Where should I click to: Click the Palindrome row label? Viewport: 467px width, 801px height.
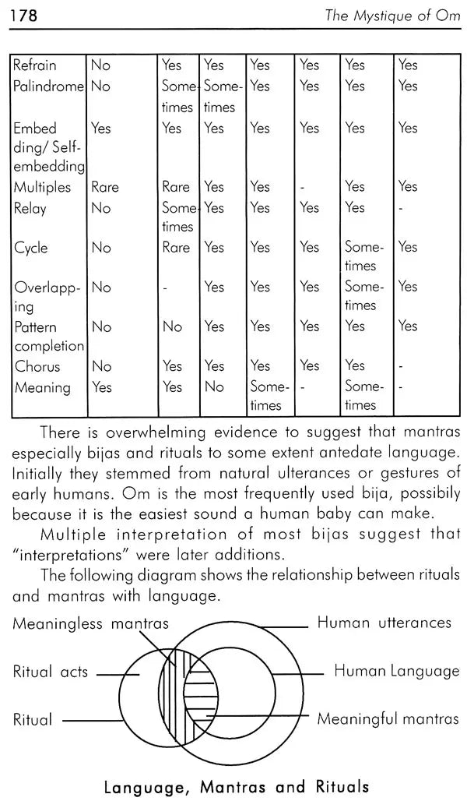click(x=48, y=86)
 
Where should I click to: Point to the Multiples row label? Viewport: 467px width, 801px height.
click(x=42, y=187)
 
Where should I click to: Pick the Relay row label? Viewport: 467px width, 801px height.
click(x=30, y=208)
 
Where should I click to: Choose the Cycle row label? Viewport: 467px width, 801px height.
click(x=31, y=248)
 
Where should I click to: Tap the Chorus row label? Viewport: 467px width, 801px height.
click(x=37, y=366)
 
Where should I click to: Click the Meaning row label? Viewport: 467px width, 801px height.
click(x=42, y=387)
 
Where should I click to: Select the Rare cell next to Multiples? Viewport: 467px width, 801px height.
click(x=105, y=187)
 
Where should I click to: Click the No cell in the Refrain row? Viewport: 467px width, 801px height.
click(x=101, y=65)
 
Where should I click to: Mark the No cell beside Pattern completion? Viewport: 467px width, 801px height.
click(x=101, y=326)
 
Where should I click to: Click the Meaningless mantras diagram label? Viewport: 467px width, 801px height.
click(x=90, y=623)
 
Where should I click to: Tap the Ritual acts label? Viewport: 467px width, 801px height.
click(x=51, y=672)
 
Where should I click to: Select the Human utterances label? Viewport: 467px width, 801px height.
click(x=384, y=623)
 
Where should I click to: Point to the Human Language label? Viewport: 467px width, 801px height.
click(x=396, y=671)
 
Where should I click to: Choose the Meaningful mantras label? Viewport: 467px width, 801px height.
click(x=388, y=719)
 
